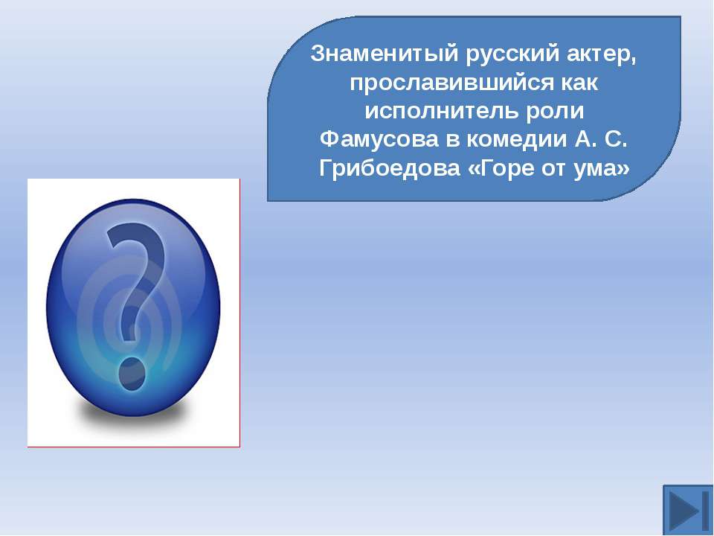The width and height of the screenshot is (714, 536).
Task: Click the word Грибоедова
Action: point(389,169)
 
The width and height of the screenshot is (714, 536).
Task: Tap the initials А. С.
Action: point(601,139)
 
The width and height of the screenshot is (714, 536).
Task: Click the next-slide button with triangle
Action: point(687,510)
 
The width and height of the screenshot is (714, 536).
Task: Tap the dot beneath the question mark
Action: point(132,374)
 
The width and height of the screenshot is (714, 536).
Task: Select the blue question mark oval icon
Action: point(133,307)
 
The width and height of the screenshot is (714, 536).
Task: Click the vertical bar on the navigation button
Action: point(705,510)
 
